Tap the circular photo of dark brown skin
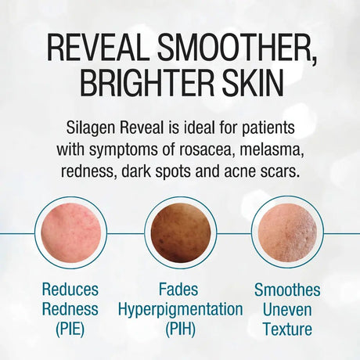point(181,232)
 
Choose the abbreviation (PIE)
point(71,329)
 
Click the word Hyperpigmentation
point(181,310)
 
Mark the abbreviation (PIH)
point(181,329)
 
